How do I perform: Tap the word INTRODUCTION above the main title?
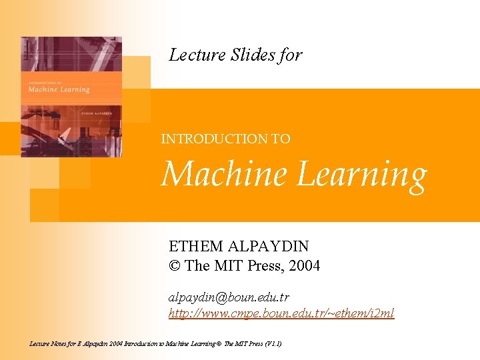coord(214,139)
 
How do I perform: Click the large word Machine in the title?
coord(224,174)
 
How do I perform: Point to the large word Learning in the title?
coord(361,175)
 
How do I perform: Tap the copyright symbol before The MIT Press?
coord(175,265)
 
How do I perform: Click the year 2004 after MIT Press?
coord(303,265)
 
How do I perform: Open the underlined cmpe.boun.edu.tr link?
coord(281,313)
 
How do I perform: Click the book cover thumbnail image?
coord(71,97)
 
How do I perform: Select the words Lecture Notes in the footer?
coord(49,343)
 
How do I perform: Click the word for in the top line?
coord(291,55)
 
